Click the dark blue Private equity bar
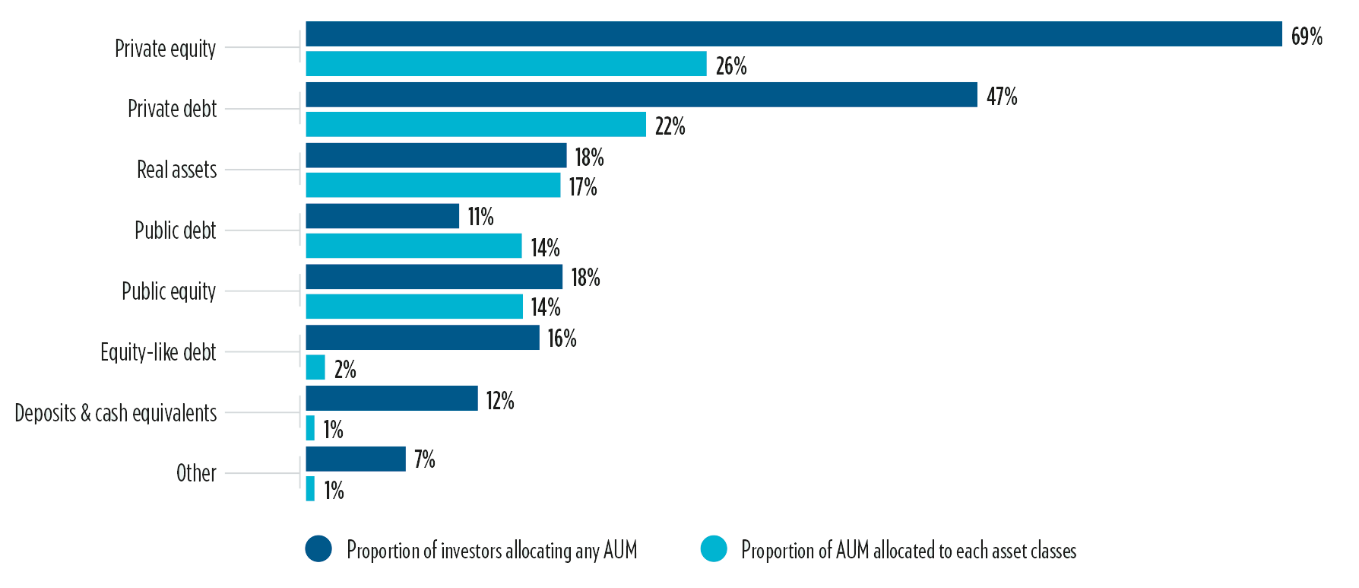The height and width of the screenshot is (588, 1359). (x=794, y=34)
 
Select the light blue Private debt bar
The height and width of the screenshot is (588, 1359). (x=476, y=125)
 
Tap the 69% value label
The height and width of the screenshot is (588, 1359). (x=1307, y=36)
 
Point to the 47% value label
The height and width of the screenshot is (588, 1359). (x=1002, y=97)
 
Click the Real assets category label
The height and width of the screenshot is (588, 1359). (x=176, y=170)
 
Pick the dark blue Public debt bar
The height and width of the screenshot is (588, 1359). (x=382, y=216)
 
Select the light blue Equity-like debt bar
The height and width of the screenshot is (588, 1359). (x=315, y=368)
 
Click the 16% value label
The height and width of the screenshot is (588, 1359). (x=562, y=338)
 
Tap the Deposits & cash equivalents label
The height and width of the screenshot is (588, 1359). (x=116, y=413)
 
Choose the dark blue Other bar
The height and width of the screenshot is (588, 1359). (x=356, y=459)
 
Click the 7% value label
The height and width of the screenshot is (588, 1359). (x=424, y=459)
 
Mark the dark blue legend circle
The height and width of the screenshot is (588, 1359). (x=318, y=549)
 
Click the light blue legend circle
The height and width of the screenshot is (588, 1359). (x=714, y=549)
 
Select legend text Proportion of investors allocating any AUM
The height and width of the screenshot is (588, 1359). (x=492, y=551)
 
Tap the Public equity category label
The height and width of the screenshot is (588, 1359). (x=169, y=291)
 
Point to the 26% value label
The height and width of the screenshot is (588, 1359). (x=731, y=66)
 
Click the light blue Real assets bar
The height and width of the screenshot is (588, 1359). (x=433, y=186)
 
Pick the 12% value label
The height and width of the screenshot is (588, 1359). (x=500, y=401)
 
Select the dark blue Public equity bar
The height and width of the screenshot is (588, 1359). (x=434, y=277)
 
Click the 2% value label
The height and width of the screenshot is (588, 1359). (x=345, y=370)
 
